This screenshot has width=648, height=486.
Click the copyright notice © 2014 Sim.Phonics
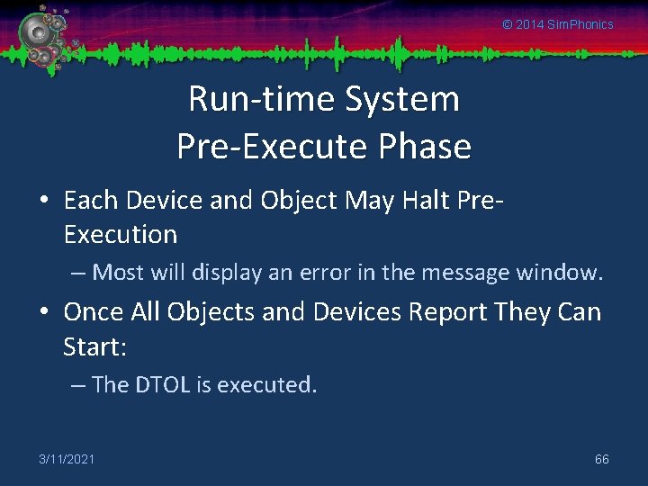557,24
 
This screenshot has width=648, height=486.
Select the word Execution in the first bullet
121,235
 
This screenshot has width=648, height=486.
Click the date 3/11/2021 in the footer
67,459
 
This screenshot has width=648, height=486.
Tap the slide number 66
601,459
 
